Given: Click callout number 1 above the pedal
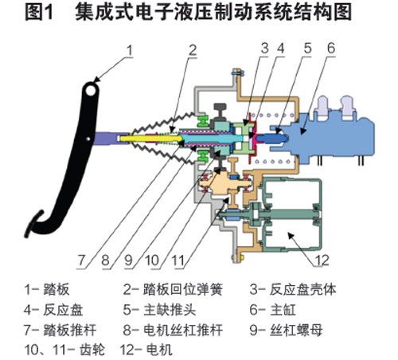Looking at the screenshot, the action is click(x=129, y=50).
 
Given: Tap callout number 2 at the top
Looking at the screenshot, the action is click(x=193, y=50).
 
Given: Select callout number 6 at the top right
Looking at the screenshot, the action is click(x=331, y=49).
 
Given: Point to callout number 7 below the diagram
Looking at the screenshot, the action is click(x=81, y=260).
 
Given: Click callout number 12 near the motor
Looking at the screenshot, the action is click(x=322, y=260).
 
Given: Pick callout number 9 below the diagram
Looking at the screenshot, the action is click(x=128, y=260).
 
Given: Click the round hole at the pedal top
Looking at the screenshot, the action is click(x=91, y=91).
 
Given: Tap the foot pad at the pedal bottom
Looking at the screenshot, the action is click(x=33, y=224).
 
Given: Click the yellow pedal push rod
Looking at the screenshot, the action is click(x=150, y=139).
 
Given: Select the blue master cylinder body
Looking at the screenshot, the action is click(x=332, y=135).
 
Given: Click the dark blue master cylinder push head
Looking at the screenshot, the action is click(x=272, y=138).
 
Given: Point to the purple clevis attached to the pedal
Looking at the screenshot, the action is click(x=109, y=139).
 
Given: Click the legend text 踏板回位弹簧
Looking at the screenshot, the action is click(x=183, y=290).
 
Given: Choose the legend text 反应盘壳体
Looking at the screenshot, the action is click(x=302, y=290).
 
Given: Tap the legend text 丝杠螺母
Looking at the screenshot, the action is click(x=296, y=330).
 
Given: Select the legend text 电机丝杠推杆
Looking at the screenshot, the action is click(x=183, y=330).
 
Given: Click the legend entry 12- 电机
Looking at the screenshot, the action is click(x=146, y=350).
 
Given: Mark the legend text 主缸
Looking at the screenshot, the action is click(x=283, y=310).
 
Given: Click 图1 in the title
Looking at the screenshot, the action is click(x=39, y=12).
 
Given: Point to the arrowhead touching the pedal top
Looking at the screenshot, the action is click(x=96, y=80).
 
